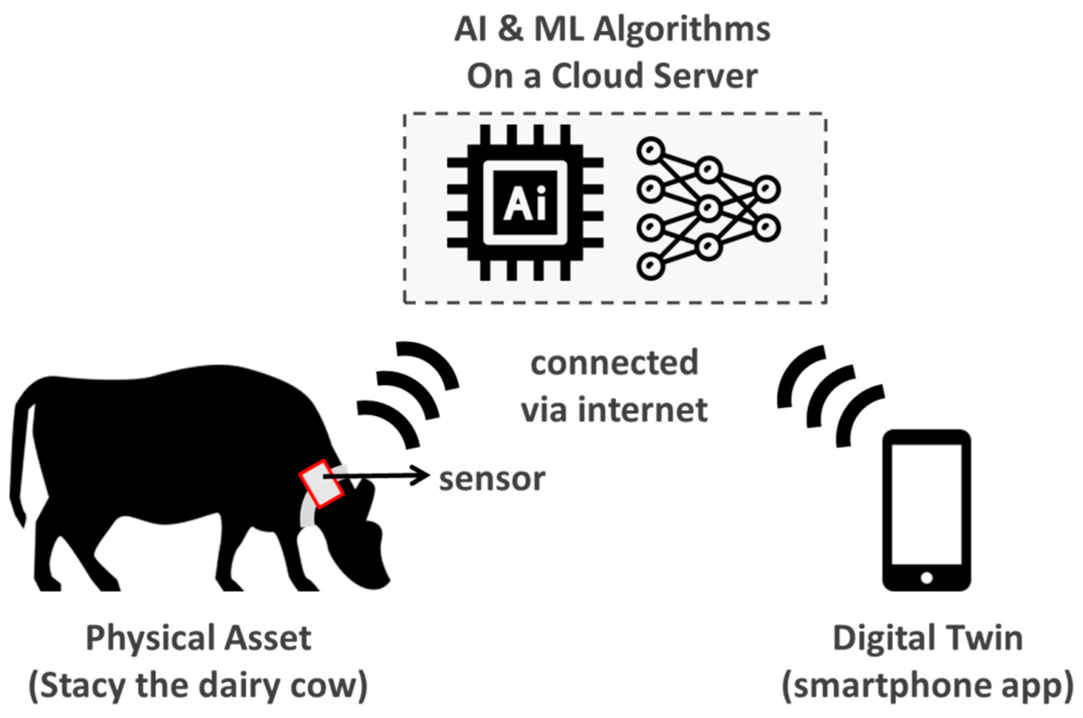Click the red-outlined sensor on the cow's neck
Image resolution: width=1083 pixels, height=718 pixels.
click(x=322, y=484)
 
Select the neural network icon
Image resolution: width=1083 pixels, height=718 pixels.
click(x=708, y=209)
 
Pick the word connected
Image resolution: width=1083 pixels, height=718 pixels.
click(x=615, y=362)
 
